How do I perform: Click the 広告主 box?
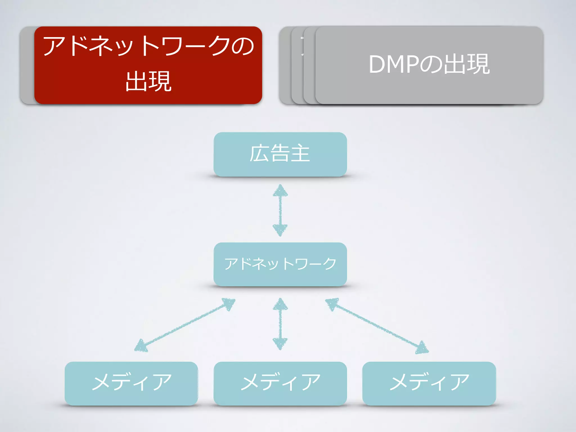(x=280, y=154)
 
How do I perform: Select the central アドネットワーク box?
(x=280, y=264)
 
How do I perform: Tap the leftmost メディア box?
(x=131, y=383)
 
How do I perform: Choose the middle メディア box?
(x=280, y=383)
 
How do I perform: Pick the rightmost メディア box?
(x=429, y=383)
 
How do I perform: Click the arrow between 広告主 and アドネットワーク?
(x=280, y=210)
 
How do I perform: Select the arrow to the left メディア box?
(x=184, y=325)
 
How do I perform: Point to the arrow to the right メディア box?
(x=377, y=326)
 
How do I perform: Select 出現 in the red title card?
(x=148, y=81)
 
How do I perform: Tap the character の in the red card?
(x=242, y=46)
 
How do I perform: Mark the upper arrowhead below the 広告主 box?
(x=280, y=191)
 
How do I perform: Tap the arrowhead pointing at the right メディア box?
(x=422, y=347)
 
